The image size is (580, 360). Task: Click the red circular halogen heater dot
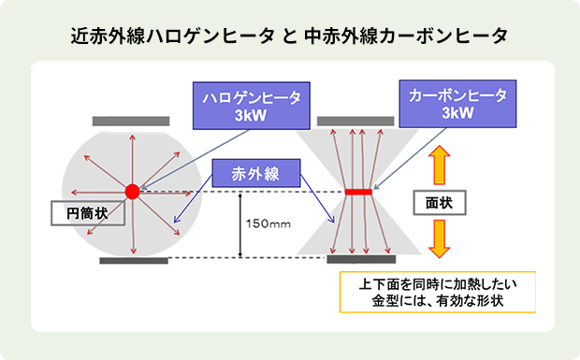click(x=132, y=191)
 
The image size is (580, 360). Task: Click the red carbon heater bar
click(x=357, y=192)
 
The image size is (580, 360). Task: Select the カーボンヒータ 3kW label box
click(x=457, y=103)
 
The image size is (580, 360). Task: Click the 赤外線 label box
click(x=256, y=173)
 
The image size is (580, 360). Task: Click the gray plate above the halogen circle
click(x=131, y=122)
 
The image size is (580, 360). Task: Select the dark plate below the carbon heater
click(x=356, y=259)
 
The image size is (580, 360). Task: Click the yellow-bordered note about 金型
click(x=438, y=292)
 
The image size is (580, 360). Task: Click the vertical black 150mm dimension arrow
click(x=241, y=224)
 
